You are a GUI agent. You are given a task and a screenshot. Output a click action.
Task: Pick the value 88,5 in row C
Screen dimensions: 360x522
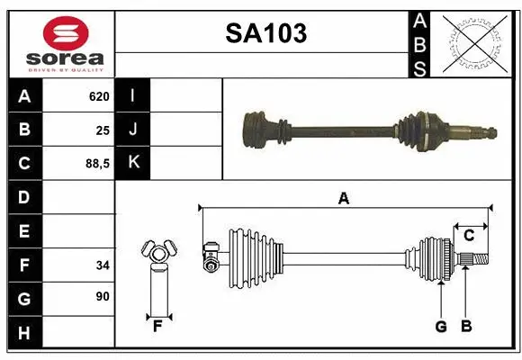point(96,164)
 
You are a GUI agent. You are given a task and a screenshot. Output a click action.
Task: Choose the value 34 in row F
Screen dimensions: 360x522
point(103,265)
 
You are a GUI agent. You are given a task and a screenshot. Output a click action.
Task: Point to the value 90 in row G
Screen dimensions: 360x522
point(103,296)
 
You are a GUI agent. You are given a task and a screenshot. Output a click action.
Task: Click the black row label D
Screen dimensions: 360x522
point(24,197)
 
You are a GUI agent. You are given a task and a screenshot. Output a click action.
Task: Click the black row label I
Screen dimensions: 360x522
point(133,95)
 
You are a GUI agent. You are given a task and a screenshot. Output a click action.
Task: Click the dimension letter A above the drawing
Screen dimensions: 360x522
point(343,199)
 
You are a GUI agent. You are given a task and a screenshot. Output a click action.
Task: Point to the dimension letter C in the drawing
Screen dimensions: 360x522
point(468,236)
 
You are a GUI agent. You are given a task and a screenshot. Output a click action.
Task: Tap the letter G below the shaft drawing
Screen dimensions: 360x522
point(441,327)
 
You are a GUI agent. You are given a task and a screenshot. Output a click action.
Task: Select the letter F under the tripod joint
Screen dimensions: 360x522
point(157,326)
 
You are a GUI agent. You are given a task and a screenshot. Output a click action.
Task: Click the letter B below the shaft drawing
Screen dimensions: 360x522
point(466,327)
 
